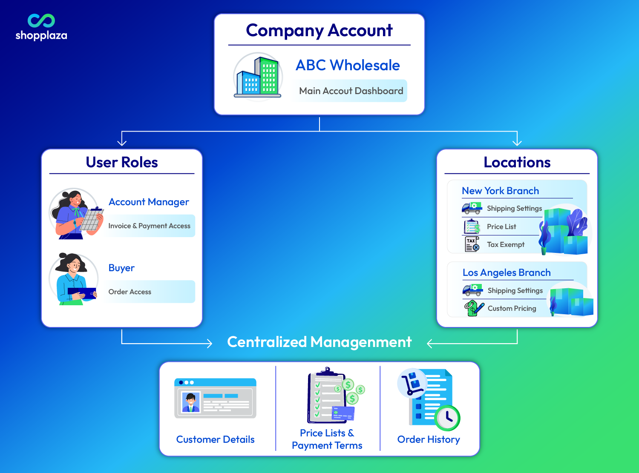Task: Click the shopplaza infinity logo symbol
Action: pyautogui.click(x=41, y=20)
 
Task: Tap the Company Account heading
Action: pyautogui.click(x=319, y=31)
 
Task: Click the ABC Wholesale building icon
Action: pyautogui.click(x=258, y=77)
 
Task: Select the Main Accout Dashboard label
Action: pyautogui.click(x=351, y=91)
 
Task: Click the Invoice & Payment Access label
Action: pyautogui.click(x=149, y=226)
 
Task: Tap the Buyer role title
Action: pyautogui.click(x=121, y=268)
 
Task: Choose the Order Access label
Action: pyautogui.click(x=130, y=292)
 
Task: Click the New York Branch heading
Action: pyautogui.click(x=500, y=191)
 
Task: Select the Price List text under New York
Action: pyautogui.click(x=501, y=226)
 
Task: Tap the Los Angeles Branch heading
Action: pyautogui.click(x=507, y=272)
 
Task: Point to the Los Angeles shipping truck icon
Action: pyautogui.click(x=472, y=290)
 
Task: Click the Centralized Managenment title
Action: pyautogui.click(x=319, y=342)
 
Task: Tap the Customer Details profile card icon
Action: pyautogui.click(x=215, y=398)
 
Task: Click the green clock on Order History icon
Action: pyautogui.click(x=447, y=418)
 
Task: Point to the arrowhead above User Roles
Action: pyautogui.click(x=122, y=142)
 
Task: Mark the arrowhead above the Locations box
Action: pyautogui.click(x=517, y=142)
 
